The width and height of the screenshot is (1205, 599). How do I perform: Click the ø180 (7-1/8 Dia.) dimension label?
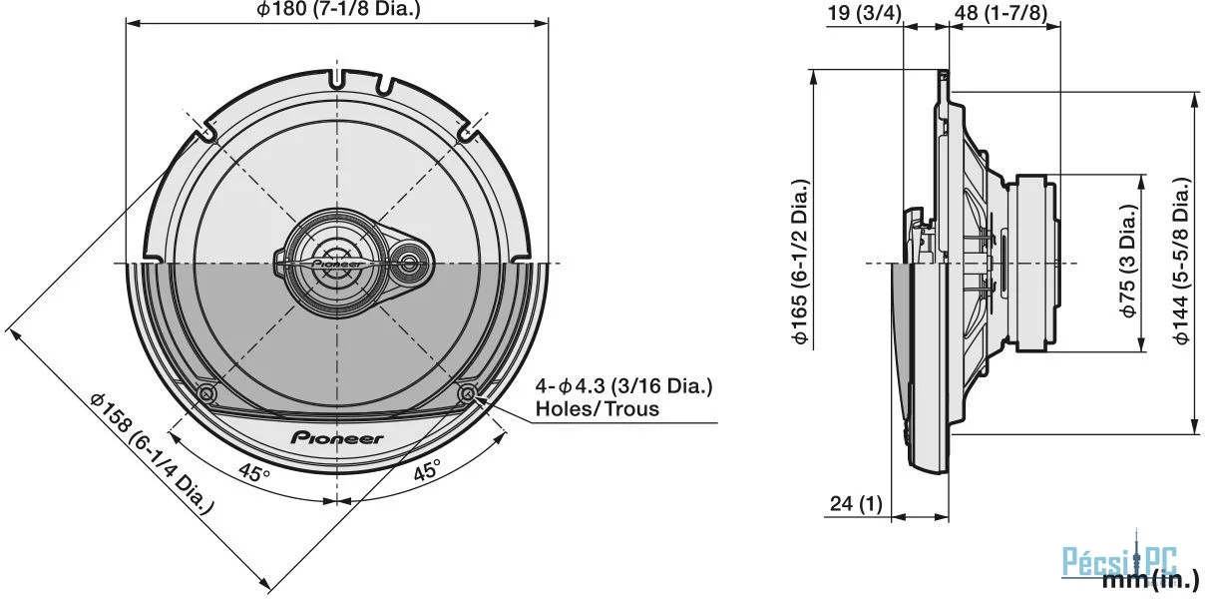point(338,9)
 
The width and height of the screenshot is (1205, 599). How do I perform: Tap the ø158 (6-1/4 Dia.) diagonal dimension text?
point(153,453)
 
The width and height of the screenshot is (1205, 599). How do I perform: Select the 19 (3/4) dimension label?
point(864,13)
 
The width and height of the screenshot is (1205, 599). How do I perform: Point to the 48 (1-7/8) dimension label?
point(1002,13)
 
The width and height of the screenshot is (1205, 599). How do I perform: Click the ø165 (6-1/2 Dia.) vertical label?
point(800,261)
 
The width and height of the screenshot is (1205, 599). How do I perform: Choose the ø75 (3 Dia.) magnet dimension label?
point(1128,261)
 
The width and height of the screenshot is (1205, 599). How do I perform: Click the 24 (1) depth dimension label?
point(857,504)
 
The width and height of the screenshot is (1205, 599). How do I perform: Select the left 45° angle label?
point(254,473)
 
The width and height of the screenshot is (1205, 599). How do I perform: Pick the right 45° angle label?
point(427,471)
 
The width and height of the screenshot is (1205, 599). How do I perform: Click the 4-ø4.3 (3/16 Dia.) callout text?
point(624,386)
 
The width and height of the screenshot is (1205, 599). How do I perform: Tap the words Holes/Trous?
point(598,409)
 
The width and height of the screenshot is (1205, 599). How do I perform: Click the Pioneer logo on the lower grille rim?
point(337,438)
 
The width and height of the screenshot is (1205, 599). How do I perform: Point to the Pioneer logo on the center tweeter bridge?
point(337,265)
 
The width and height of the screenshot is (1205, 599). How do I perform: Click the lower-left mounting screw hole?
point(206,395)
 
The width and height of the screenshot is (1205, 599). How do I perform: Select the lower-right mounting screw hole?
point(468,394)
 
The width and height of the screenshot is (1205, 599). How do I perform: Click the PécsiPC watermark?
point(1119,562)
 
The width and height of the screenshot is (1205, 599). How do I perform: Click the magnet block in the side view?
point(1035,263)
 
